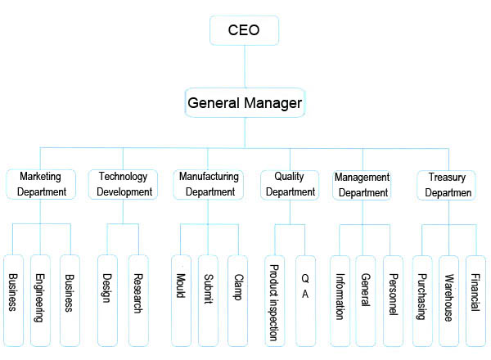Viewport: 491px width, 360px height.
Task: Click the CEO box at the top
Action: pos(245,31)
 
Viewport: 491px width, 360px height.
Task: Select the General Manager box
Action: pos(245,104)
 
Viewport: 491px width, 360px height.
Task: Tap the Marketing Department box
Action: pos(41,184)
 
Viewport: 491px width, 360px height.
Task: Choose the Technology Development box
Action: pos(124,184)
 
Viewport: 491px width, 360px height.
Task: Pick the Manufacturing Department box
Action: pos(209,184)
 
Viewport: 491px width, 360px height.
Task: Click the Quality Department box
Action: pos(289,184)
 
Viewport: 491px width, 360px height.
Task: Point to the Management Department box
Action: pos(363,184)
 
